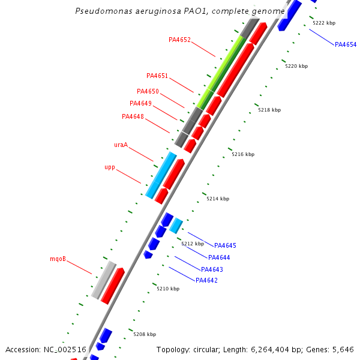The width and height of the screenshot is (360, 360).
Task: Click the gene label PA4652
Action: pos(179,40)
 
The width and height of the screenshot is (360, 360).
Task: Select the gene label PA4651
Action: pos(157,76)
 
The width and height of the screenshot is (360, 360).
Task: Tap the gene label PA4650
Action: pos(148,92)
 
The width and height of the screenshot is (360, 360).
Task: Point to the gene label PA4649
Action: pos(140,104)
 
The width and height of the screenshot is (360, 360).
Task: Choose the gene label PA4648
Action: pos(133,117)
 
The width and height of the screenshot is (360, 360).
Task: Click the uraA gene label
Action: pos(121,145)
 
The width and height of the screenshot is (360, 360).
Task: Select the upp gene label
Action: pos(110,167)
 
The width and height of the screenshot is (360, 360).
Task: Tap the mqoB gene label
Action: pos(58,260)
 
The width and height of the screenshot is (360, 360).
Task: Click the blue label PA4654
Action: pos(346,45)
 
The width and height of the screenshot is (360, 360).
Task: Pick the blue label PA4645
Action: pos(225,246)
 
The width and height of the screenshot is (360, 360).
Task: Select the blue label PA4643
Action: pos(212,270)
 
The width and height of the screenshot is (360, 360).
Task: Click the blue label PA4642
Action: pos(206,281)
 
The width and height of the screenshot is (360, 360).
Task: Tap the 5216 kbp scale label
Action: pos(243,155)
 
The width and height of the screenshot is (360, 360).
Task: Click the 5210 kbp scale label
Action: pos(168,289)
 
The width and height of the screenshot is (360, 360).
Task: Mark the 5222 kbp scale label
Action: pos(324,23)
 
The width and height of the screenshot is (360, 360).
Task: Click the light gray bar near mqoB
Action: pos(104,280)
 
